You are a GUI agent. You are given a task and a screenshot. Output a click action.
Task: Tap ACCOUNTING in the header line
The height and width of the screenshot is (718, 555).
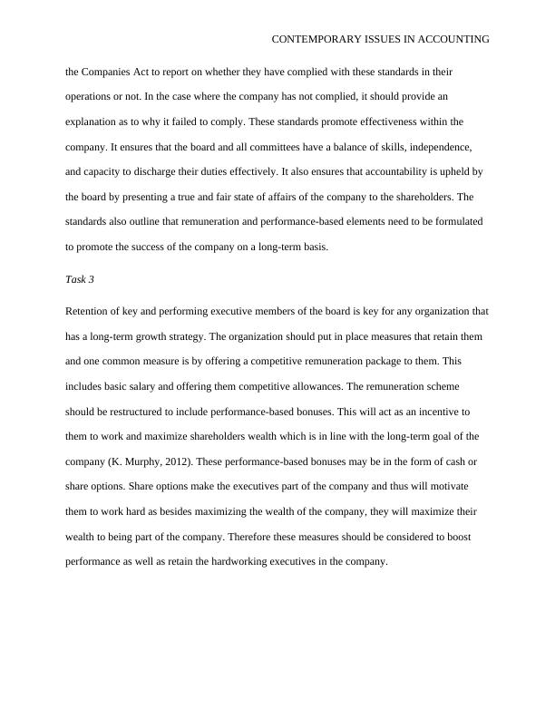[451, 40]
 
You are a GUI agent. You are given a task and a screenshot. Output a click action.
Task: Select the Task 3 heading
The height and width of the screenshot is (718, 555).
[80, 279]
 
